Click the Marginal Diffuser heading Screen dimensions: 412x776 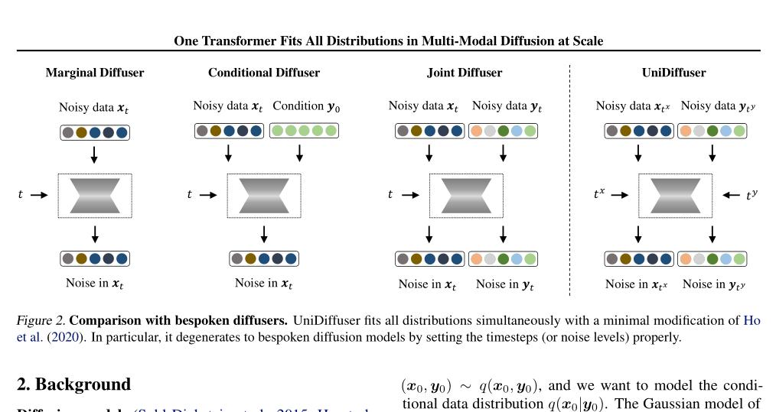(x=95, y=73)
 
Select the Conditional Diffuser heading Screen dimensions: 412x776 (x=264, y=73)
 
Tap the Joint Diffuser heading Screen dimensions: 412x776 (x=465, y=73)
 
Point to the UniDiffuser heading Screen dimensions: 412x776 (x=673, y=73)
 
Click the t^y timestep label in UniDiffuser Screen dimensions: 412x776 (x=752, y=195)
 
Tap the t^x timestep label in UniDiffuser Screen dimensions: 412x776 (x=599, y=195)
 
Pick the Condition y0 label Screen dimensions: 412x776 (x=306, y=106)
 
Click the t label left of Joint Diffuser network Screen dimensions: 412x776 (x=391, y=195)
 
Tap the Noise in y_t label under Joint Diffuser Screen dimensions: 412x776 (x=504, y=284)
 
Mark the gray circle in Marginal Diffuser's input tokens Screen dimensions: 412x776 (x=68, y=132)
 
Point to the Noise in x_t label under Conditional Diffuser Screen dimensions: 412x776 (x=264, y=284)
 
